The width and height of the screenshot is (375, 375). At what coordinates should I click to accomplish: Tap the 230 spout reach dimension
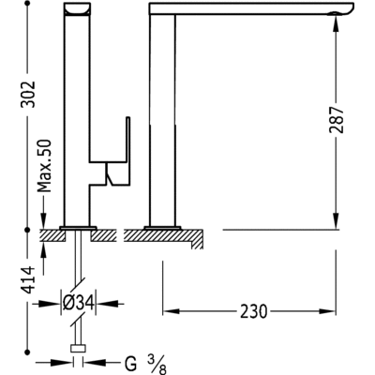[251, 310]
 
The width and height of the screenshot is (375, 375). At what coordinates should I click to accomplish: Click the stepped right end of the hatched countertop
[197, 241]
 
